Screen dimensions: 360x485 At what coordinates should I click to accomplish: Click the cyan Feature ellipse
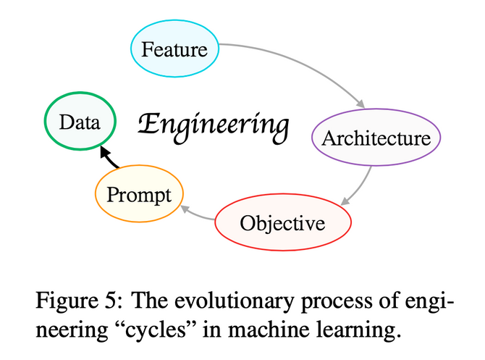pos(174,49)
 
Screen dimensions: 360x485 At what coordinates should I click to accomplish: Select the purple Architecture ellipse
pos(375,138)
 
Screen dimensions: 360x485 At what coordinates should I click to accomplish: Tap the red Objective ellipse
pos(283,222)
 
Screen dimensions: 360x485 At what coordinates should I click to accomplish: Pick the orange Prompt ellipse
pos(139,194)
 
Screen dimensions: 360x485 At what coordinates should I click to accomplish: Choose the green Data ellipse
pos(80,122)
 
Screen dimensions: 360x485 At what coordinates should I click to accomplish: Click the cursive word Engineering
pos(213,124)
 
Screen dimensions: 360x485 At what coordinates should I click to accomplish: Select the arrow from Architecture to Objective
pos(361,185)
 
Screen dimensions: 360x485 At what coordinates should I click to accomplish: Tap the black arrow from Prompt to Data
pos(109,158)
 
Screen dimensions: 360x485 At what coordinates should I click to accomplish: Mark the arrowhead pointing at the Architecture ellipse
pos(360,104)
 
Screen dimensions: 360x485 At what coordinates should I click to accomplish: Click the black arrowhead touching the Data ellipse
pos(103,150)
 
